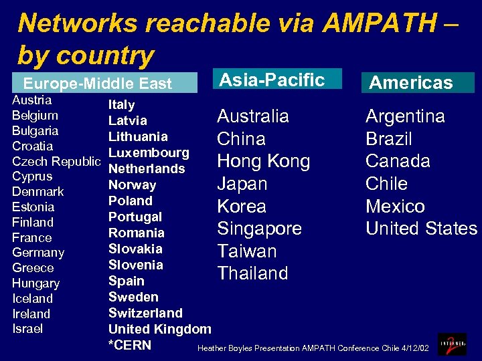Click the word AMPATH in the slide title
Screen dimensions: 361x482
click(379, 23)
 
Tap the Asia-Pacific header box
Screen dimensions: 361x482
click(272, 80)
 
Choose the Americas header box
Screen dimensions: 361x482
click(411, 83)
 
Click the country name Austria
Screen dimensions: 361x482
click(31, 100)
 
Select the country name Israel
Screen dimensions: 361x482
click(27, 328)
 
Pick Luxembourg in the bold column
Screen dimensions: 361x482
click(149, 153)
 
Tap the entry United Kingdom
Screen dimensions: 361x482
click(159, 329)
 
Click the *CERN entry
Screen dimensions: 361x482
click(130, 345)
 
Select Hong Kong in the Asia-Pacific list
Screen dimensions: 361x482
click(263, 161)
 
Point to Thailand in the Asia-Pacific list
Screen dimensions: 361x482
click(252, 273)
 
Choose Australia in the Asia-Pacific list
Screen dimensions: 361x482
click(252, 116)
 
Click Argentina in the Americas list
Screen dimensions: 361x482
click(404, 116)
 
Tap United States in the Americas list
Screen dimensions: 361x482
click(421, 229)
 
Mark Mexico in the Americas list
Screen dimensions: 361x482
click(394, 206)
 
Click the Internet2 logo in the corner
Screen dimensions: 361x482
click(453, 344)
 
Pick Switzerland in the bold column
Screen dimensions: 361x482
click(145, 313)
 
